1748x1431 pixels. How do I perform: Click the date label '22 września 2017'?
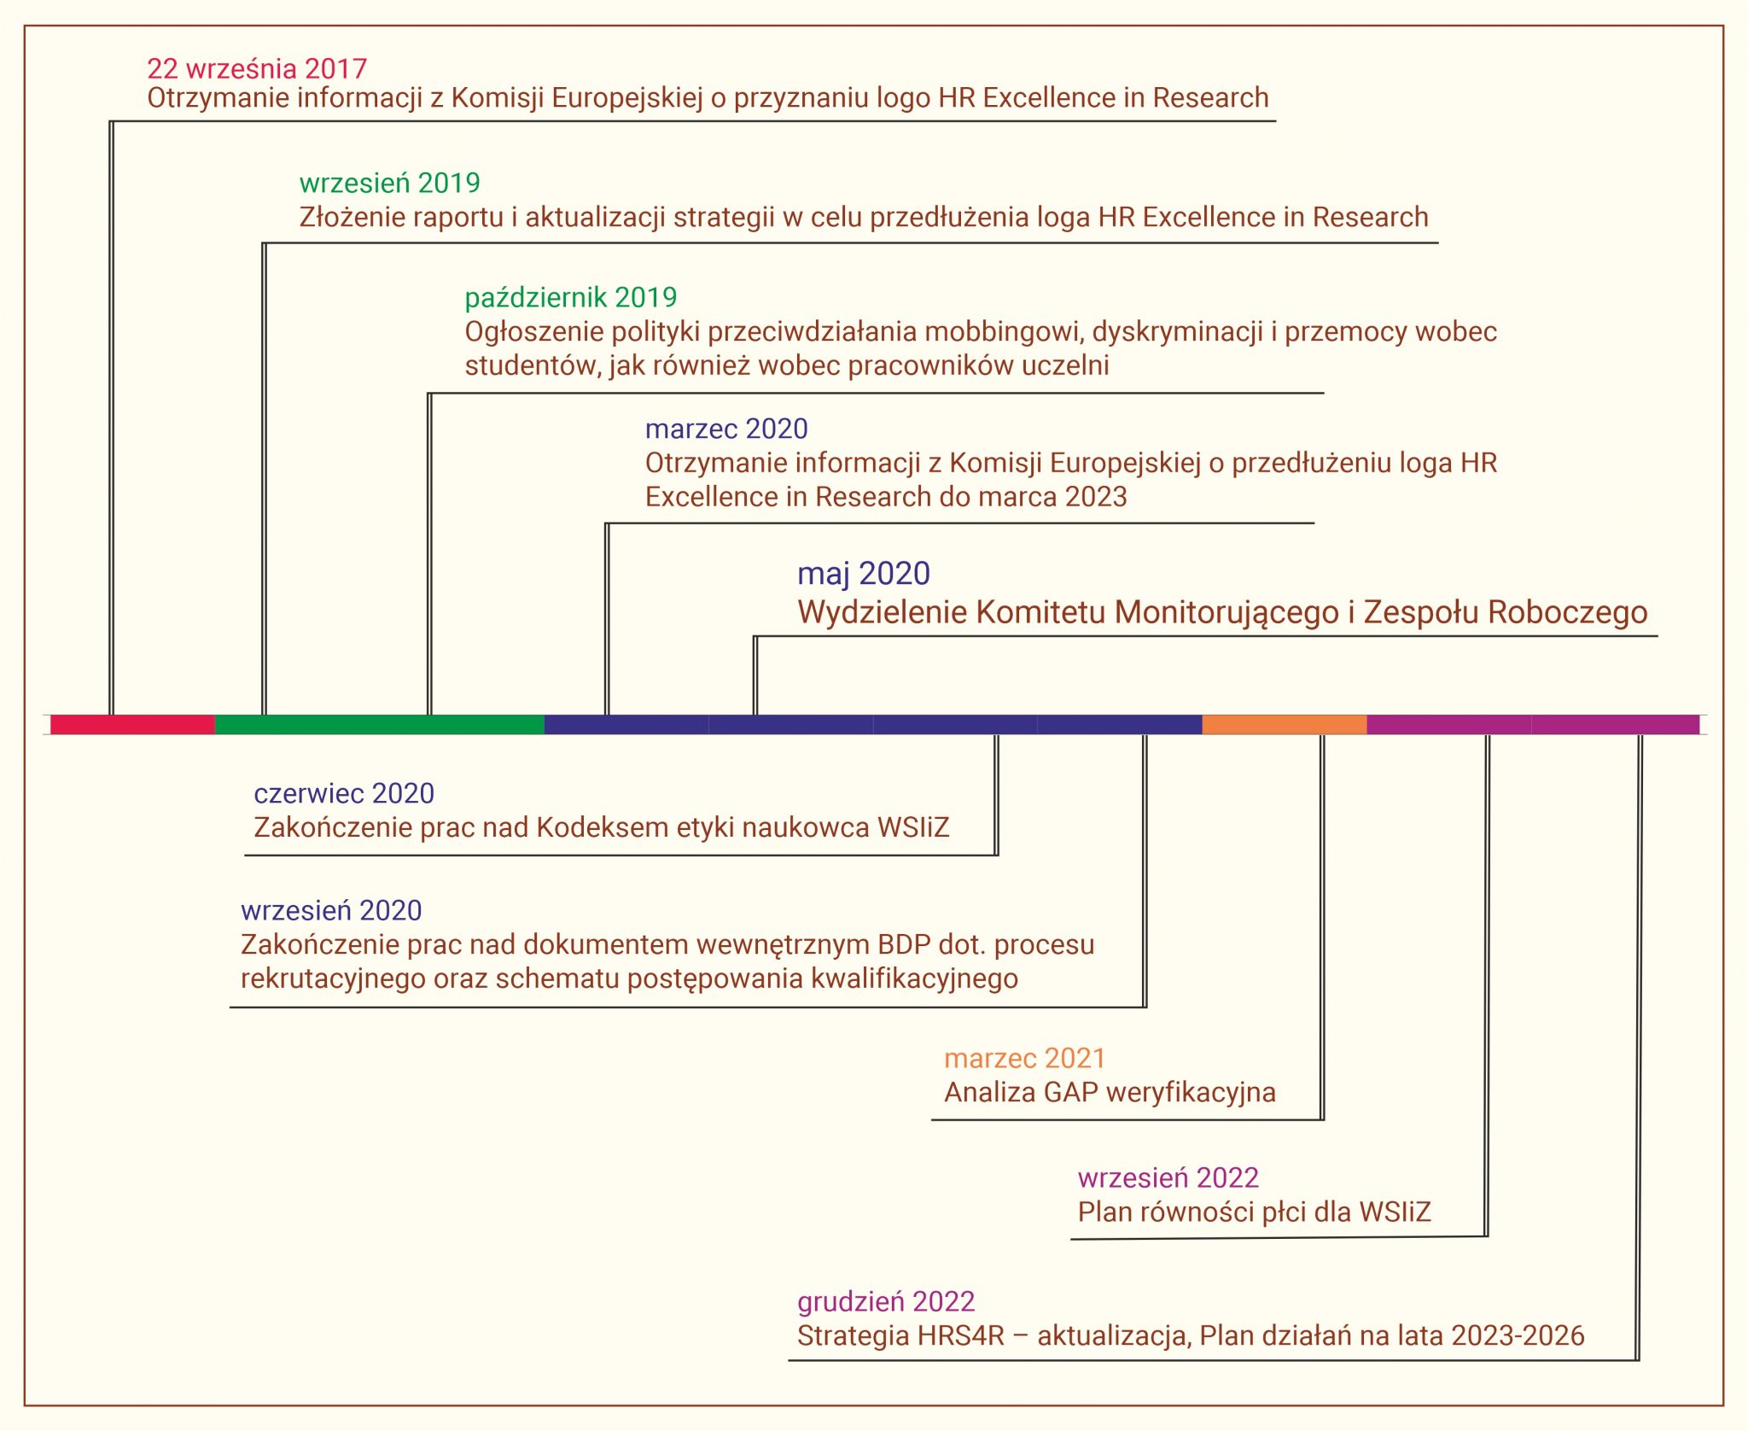[x=257, y=68]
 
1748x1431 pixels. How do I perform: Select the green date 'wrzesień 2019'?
[x=389, y=183]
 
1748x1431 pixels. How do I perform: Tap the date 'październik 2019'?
[x=570, y=297]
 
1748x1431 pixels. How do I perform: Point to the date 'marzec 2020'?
[x=726, y=429]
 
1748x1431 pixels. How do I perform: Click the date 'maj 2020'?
[x=864, y=574]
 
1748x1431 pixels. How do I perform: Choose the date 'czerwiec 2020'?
[x=344, y=793]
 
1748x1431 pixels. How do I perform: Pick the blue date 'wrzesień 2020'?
[x=331, y=910]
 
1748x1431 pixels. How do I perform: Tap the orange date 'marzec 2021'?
[x=1024, y=1059]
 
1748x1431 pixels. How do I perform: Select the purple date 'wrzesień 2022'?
[x=1168, y=1178]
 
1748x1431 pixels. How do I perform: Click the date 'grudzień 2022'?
[x=886, y=1302]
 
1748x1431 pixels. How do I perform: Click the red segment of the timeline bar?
[x=132, y=724]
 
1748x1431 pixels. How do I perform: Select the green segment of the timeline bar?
[x=380, y=724]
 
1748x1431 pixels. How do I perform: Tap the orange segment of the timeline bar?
[x=1285, y=724]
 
